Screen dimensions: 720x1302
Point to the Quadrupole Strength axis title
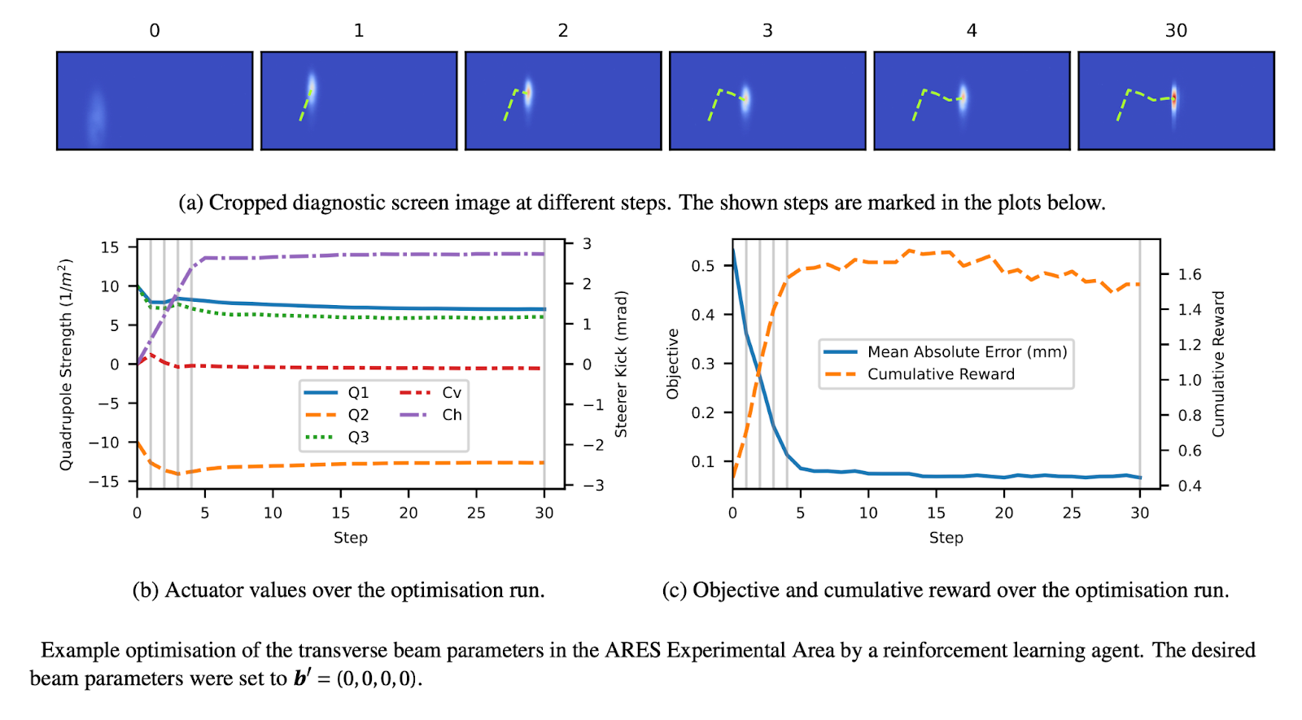tap(66, 364)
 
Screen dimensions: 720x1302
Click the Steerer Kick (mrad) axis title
tap(621, 364)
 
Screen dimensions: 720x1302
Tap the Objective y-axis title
tap(672, 364)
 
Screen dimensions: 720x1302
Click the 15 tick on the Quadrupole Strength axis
tap(110, 247)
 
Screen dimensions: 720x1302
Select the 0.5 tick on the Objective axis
tap(702, 267)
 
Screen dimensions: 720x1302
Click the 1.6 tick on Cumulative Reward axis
tap(1190, 275)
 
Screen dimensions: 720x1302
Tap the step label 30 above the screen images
tap(1176, 31)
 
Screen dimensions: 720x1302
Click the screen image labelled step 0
tap(155, 101)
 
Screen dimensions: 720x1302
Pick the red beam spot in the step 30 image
tap(1173, 100)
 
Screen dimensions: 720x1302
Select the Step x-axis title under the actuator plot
tap(351, 538)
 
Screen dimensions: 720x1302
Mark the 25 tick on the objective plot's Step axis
tap(1072, 513)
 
